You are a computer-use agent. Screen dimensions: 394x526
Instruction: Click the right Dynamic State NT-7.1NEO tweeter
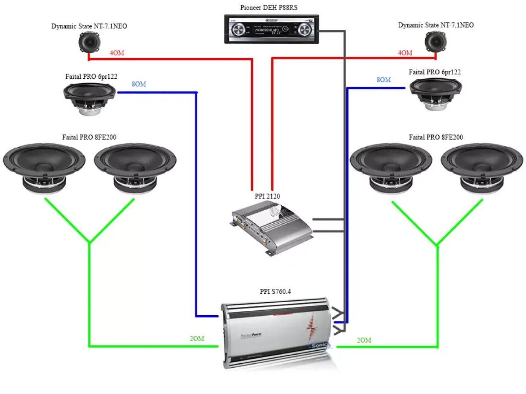436,42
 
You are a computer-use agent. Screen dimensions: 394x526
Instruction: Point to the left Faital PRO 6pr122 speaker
89,99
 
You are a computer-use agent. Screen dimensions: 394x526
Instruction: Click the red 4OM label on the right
405,53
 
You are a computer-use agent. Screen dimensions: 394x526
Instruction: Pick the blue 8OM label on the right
384,80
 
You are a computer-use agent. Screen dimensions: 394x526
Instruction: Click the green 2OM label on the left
197,338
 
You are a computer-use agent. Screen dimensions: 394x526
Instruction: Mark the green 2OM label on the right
364,340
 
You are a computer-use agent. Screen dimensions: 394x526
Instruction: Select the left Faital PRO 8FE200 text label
89,137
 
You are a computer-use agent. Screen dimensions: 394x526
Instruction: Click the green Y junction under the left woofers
89,242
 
